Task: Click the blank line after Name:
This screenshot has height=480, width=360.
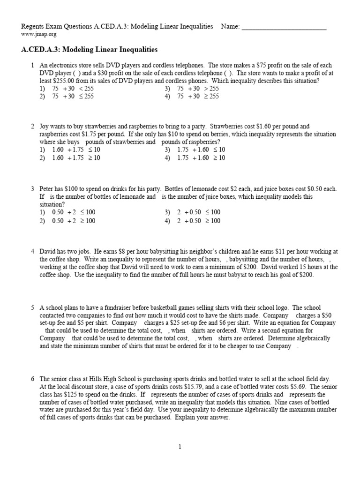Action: tap(284, 27)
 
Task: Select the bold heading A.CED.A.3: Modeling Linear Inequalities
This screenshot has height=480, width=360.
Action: tap(90, 49)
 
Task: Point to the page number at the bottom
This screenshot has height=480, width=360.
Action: tap(180, 447)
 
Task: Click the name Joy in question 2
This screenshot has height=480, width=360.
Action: tap(45, 127)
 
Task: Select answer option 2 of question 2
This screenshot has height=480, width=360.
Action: tap(69, 158)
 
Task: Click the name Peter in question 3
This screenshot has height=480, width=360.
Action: tap(48, 189)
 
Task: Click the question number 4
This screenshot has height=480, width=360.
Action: tap(33, 252)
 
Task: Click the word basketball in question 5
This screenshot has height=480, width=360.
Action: tap(153, 308)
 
